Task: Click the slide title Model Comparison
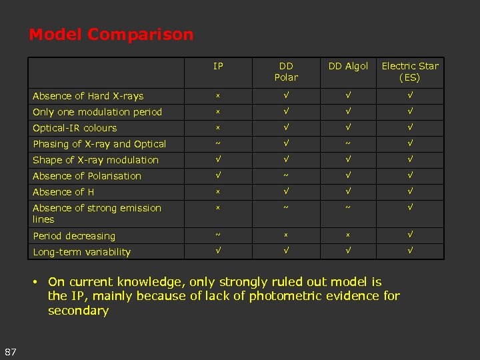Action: click(x=111, y=35)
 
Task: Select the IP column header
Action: click(x=218, y=66)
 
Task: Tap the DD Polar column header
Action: click(x=286, y=71)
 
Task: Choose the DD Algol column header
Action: click(x=348, y=66)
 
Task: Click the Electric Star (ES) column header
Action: click(x=410, y=71)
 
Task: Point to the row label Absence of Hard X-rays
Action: click(x=88, y=96)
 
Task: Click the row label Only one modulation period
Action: click(x=97, y=112)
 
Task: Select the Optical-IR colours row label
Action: click(x=75, y=128)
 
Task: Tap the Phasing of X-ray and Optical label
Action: click(x=99, y=144)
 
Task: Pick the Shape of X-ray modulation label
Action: click(x=95, y=160)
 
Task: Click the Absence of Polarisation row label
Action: click(x=87, y=176)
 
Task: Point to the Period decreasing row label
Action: click(x=74, y=236)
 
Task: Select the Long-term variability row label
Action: click(x=81, y=252)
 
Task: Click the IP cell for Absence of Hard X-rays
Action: click(x=218, y=96)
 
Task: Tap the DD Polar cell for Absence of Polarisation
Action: click(x=286, y=176)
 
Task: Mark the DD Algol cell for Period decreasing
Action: click(x=348, y=236)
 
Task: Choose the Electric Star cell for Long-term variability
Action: click(x=410, y=252)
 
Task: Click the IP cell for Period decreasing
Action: click(x=218, y=236)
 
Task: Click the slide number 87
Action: click(x=10, y=351)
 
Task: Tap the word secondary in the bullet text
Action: click(x=78, y=311)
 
